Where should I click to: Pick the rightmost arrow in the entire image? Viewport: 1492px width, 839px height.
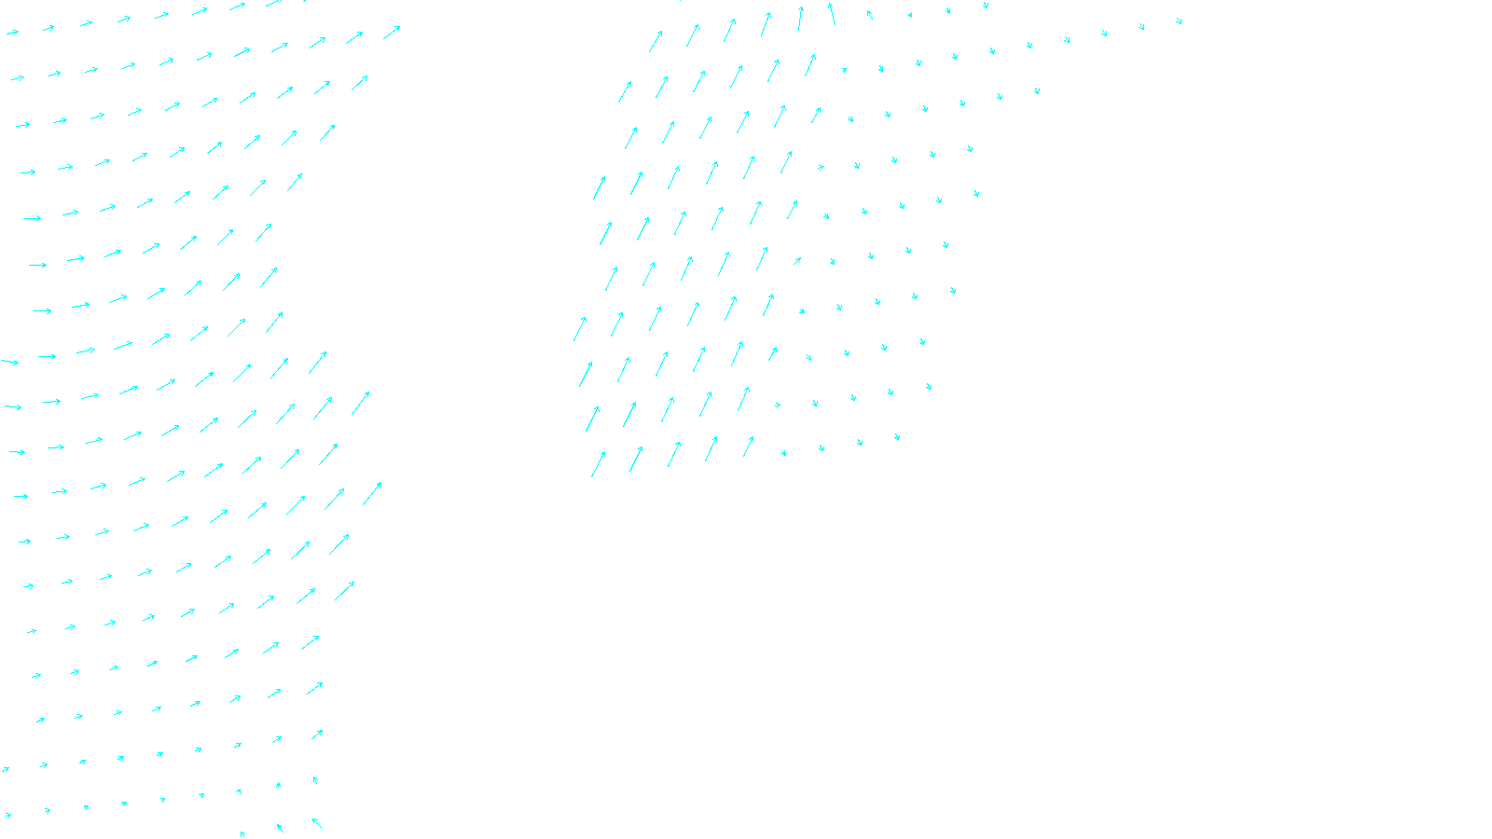tap(1179, 21)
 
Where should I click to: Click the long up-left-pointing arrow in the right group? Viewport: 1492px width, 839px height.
tap(831, 14)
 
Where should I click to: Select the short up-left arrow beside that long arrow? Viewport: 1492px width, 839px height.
tap(869, 14)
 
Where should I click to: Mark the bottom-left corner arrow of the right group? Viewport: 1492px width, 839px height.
tap(598, 464)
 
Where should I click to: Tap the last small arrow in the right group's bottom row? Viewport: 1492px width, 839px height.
tap(897, 436)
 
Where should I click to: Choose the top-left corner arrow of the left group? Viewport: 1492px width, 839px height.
tap(12, 33)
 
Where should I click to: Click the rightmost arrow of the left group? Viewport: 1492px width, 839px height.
tap(392, 33)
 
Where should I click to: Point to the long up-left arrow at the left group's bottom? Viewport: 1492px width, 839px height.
tap(317, 823)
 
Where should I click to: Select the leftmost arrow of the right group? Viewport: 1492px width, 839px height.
tap(580, 328)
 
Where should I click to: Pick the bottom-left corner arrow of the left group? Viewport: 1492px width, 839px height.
tap(8, 816)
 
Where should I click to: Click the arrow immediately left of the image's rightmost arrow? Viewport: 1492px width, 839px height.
tap(1141, 27)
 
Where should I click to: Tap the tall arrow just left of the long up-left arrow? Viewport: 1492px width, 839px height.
tap(800, 18)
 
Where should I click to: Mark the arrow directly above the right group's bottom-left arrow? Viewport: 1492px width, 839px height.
tap(592, 419)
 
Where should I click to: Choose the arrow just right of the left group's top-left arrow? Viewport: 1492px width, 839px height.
tap(48, 29)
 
